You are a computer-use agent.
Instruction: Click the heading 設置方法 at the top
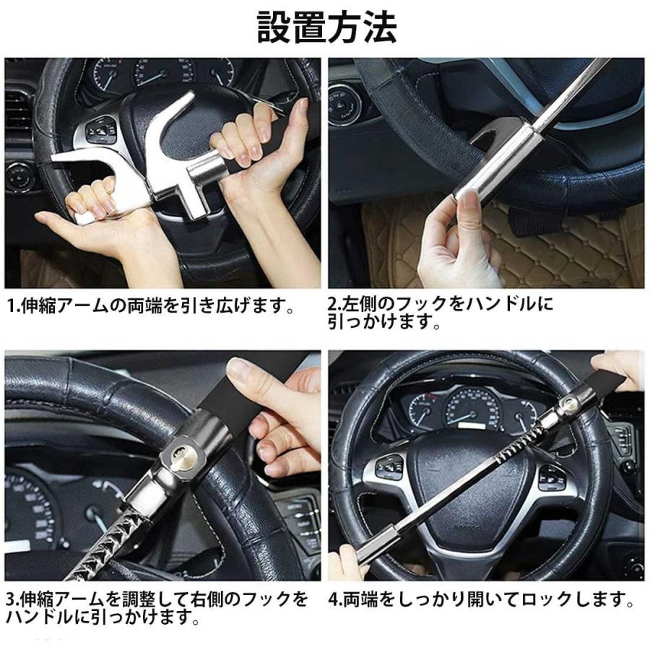(x=326, y=27)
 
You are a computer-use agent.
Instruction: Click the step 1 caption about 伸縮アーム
(x=152, y=307)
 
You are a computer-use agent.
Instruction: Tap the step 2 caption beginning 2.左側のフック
(x=441, y=312)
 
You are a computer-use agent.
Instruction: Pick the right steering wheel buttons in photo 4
(x=552, y=477)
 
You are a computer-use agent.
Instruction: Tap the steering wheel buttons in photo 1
(x=101, y=130)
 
